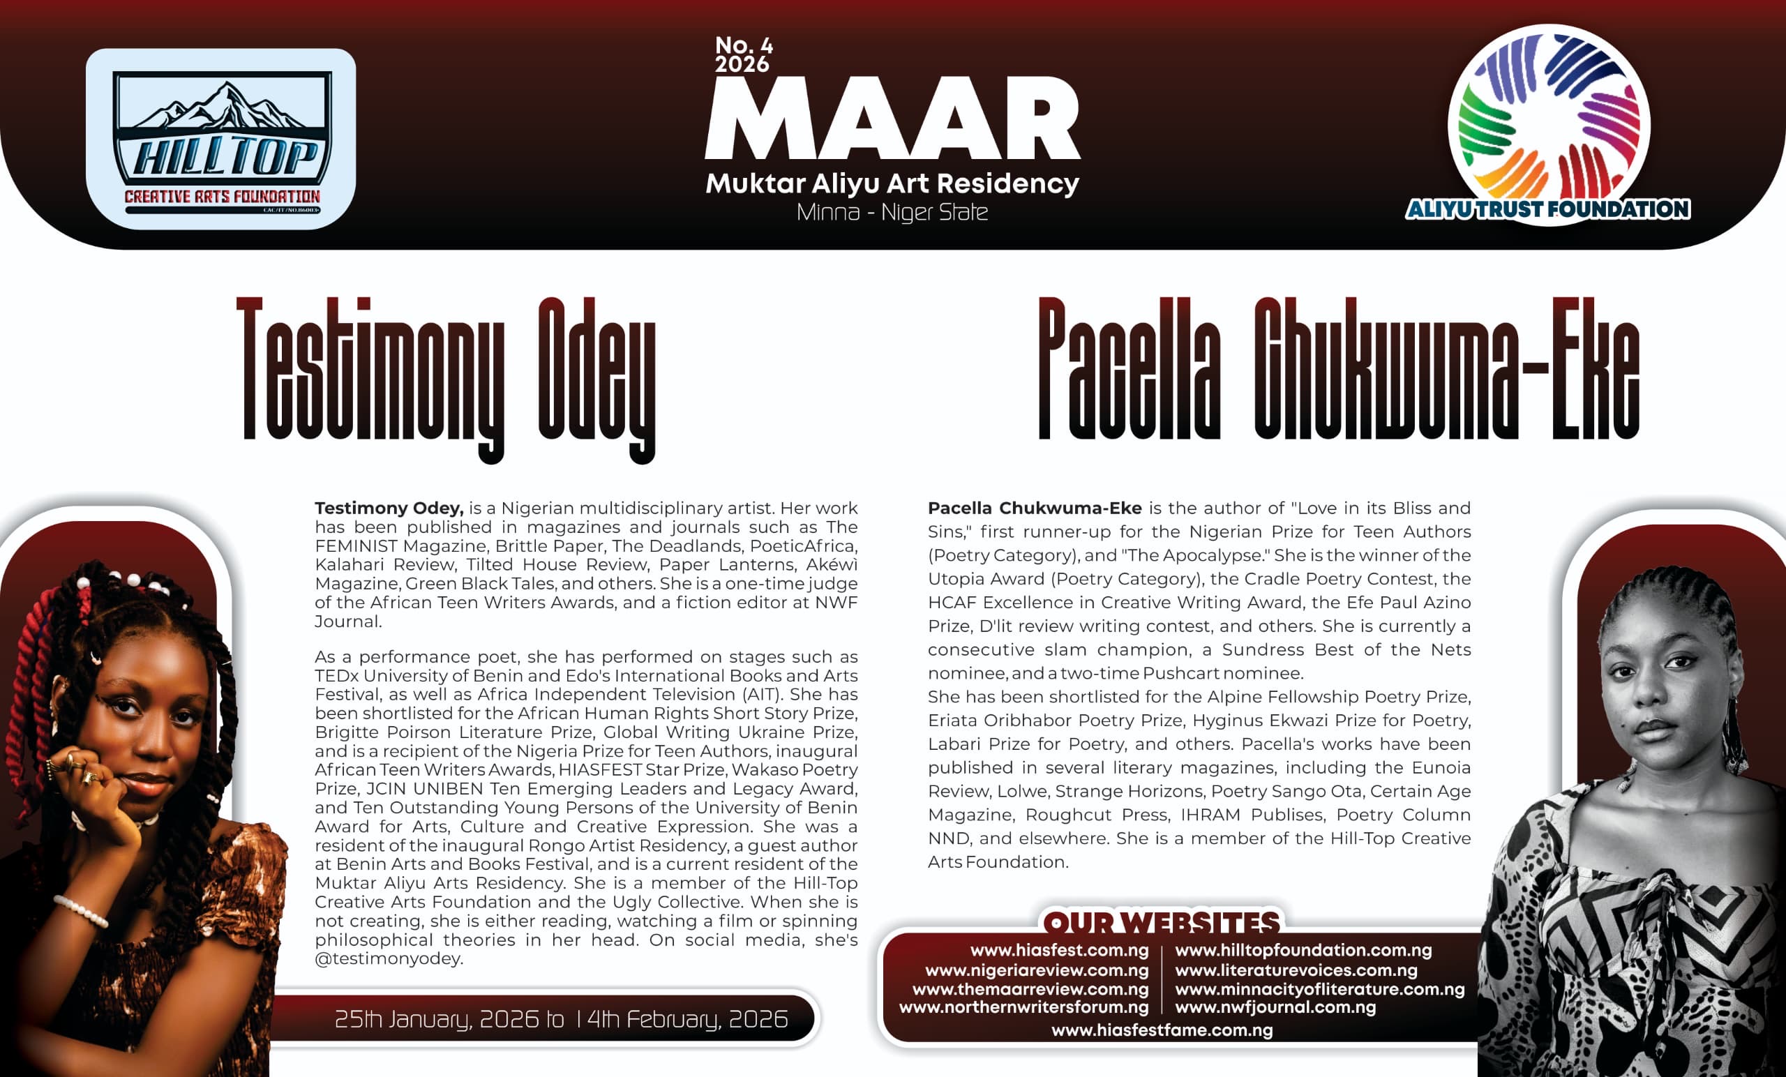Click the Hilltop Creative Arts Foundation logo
221,139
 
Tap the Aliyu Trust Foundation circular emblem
1549,123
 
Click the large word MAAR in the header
892,119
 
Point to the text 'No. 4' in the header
744,45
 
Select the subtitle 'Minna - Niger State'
892,212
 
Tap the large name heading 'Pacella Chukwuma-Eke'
1339,370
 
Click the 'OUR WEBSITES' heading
1161,923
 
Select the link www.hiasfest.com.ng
1059,950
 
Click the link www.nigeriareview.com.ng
1037,970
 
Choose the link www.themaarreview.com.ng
1030,988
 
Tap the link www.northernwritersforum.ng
1023,1007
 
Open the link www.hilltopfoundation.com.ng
1303,950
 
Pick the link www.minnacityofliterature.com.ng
1319,988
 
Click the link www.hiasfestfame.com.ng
1162,1030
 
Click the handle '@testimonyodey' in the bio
389,959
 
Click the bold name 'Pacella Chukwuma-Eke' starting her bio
1035,508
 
